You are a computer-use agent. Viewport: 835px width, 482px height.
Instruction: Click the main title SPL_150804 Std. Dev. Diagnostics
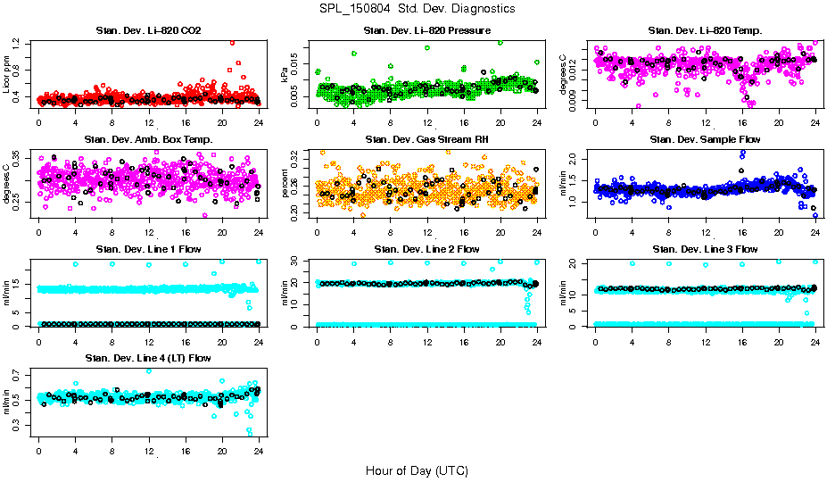[417, 8]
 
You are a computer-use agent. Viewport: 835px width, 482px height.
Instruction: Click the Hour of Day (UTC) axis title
[417, 470]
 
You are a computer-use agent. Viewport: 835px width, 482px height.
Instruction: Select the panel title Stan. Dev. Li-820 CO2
[148, 31]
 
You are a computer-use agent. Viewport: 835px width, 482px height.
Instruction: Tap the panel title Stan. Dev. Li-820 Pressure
[426, 31]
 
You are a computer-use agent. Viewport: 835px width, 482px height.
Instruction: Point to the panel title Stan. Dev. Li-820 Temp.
[705, 31]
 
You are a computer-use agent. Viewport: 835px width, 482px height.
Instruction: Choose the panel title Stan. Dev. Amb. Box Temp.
[148, 139]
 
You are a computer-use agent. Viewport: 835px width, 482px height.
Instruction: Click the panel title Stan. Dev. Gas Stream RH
[426, 139]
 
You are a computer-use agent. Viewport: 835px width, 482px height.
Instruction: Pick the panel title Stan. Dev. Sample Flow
[705, 139]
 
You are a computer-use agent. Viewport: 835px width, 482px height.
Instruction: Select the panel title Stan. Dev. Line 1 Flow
[148, 249]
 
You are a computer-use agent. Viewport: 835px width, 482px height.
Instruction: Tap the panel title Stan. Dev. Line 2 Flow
[426, 249]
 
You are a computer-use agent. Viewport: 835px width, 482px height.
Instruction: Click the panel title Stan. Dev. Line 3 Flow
[705, 249]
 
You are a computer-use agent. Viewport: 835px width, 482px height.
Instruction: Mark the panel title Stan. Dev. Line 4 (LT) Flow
[148, 358]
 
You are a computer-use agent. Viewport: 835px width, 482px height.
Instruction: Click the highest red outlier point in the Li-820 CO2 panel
[233, 42]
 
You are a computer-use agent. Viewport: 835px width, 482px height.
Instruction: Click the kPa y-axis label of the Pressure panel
[285, 76]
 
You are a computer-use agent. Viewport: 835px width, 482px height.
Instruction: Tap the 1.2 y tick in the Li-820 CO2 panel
[17, 43]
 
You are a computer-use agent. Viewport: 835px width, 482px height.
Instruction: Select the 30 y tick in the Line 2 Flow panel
[295, 261]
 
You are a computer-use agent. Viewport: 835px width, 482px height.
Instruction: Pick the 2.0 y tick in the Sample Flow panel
[574, 158]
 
